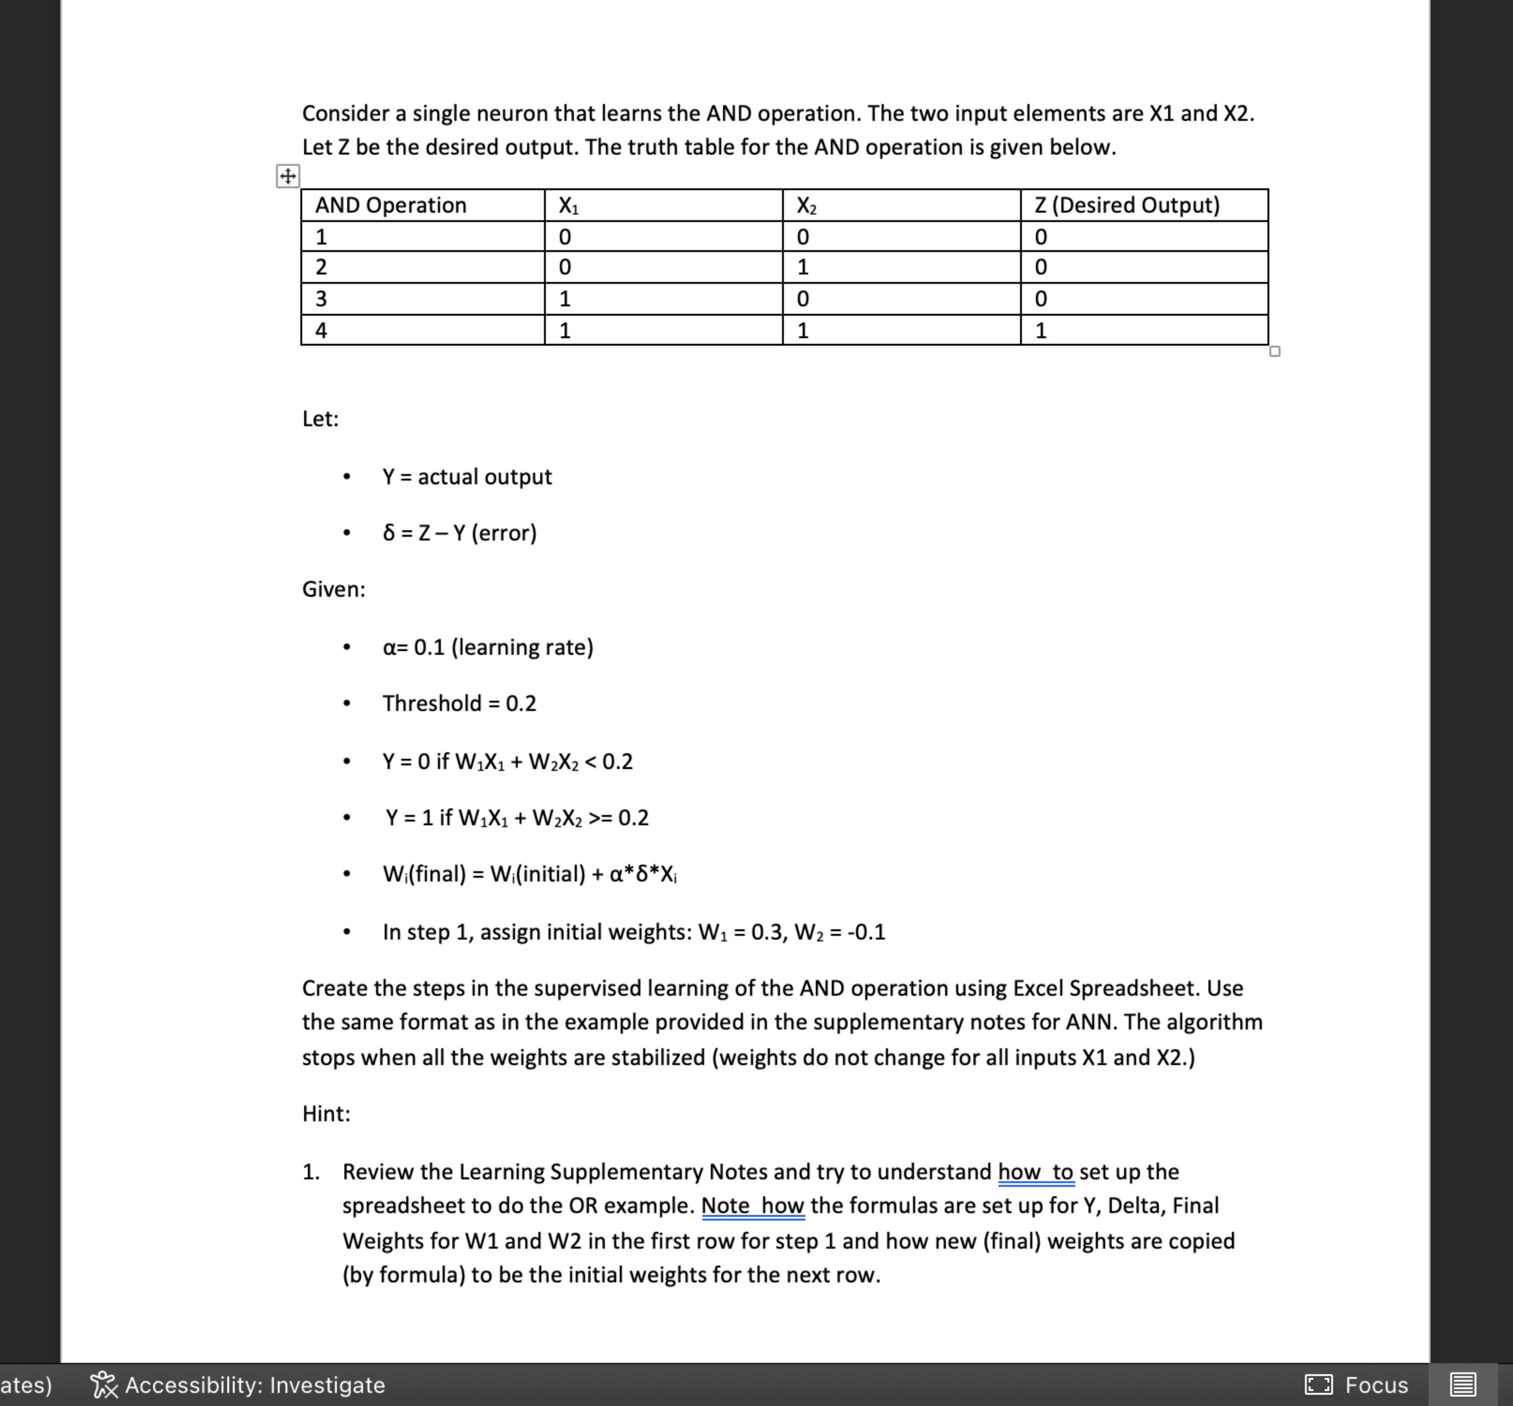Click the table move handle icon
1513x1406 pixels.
pyautogui.click(x=288, y=177)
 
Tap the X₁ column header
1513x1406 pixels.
pyautogui.click(x=568, y=206)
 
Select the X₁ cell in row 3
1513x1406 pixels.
pyautogui.click(x=564, y=299)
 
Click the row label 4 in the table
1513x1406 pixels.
pyautogui.click(x=321, y=330)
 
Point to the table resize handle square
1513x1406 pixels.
pyautogui.click(x=1275, y=351)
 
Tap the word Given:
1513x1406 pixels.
pyautogui.click(x=333, y=590)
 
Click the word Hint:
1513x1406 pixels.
pyautogui.click(x=326, y=1114)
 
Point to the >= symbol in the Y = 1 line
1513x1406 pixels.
pyautogui.click(x=600, y=818)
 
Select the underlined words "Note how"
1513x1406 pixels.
pyautogui.click(x=752, y=1206)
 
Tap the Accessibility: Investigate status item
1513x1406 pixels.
pyautogui.click(x=238, y=1385)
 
